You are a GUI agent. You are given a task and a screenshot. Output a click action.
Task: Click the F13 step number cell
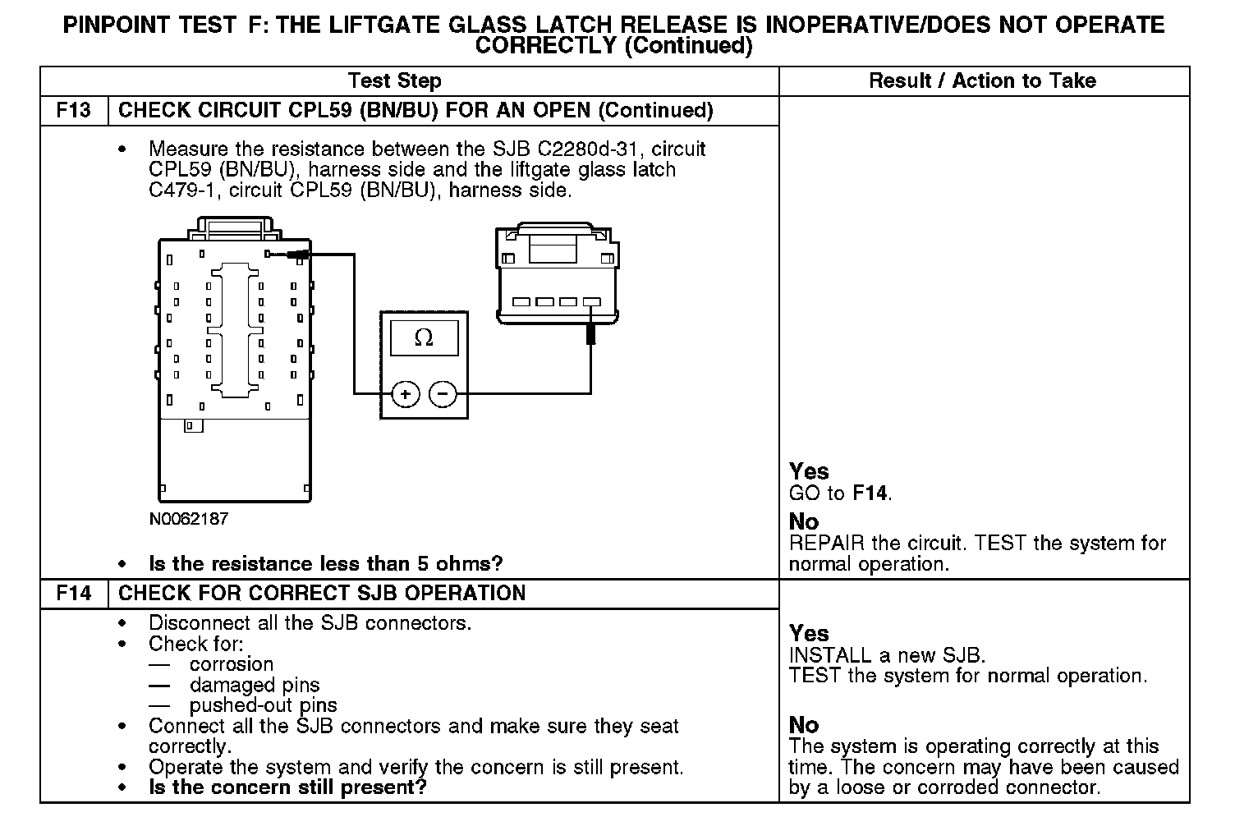74,111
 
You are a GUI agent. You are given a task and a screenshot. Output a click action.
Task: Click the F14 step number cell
74,594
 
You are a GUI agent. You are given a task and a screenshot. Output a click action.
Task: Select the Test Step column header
394,80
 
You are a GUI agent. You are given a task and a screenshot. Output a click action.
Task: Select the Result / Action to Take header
982,80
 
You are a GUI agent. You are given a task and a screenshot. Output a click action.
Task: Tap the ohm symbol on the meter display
424,337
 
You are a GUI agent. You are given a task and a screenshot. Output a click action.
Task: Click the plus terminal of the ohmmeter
405,395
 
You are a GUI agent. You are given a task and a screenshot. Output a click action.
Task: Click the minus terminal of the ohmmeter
443,395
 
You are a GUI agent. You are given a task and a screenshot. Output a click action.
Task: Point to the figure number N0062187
189,519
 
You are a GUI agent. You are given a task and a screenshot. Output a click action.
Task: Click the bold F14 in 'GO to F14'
870,493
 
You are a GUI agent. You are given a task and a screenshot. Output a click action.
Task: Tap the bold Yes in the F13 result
809,471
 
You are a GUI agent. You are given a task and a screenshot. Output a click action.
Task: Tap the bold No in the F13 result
804,522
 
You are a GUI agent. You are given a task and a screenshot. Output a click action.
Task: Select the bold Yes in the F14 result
809,633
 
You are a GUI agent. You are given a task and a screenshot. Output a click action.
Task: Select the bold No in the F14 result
804,725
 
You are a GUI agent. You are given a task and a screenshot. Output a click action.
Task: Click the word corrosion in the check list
232,664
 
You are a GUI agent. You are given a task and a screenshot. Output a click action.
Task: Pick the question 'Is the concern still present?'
287,787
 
